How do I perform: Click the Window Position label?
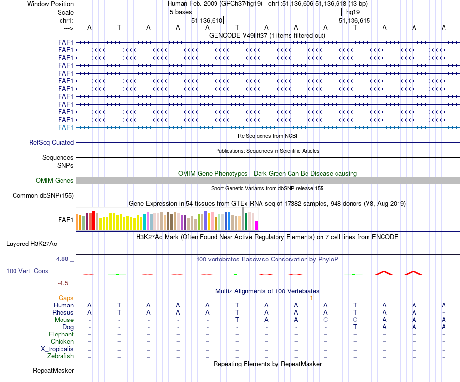50,4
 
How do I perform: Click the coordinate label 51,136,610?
207,20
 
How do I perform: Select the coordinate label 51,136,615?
354,20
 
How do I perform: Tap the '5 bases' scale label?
181,12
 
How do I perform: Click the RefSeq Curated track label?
51,143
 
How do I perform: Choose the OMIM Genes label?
55,181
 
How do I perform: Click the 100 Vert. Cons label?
27,271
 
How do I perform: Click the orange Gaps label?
66,298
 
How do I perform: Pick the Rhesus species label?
63,312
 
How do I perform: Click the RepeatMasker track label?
53,371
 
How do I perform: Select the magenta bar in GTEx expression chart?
257,226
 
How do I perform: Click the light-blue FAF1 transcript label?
65,127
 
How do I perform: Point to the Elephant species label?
61,335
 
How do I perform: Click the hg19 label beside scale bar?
353,12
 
